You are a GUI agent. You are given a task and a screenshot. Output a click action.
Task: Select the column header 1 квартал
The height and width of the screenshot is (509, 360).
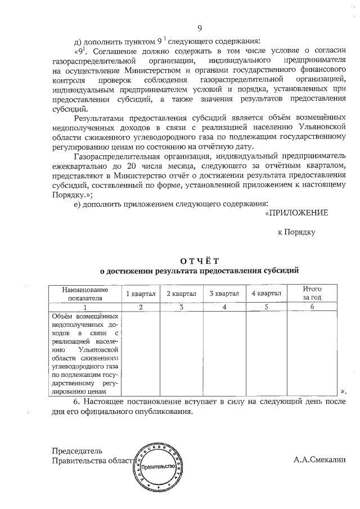(x=141, y=293)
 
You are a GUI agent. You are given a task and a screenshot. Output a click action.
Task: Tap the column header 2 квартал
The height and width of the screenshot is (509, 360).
(x=182, y=293)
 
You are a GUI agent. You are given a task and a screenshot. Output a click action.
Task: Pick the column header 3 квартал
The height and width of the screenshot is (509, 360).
(x=224, y=293)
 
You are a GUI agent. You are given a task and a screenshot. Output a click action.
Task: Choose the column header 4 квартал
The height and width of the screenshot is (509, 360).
(x=266, y=293)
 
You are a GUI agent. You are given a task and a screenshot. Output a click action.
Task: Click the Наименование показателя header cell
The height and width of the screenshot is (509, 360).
(x=84, y=293)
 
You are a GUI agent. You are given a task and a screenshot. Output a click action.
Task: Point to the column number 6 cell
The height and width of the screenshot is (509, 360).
(x=312, y=307)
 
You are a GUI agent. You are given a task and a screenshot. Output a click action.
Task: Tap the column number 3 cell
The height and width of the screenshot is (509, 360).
(x=182, y=307)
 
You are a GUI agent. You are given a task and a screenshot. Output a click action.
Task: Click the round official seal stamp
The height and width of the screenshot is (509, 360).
(x=159, y=466)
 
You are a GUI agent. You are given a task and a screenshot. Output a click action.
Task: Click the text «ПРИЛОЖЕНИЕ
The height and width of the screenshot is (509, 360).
(x=296, y=213)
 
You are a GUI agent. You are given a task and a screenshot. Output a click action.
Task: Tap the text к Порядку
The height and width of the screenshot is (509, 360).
(x=296, y=232)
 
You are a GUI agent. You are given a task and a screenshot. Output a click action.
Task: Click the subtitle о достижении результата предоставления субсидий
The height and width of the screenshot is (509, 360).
(x=199, y=271)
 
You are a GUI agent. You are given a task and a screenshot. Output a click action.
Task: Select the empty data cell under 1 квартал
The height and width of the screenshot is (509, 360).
(x=141, y=354)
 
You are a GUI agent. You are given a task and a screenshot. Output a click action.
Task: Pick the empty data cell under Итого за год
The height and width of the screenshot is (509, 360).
(x=312, y=354)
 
